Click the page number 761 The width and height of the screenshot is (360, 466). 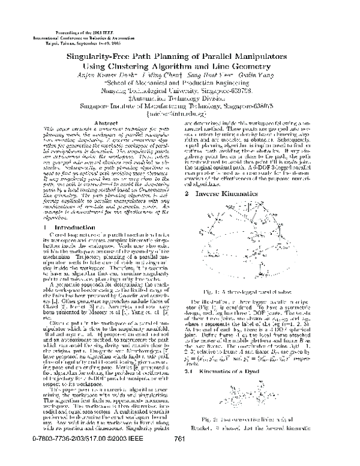[x=178, y=457]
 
